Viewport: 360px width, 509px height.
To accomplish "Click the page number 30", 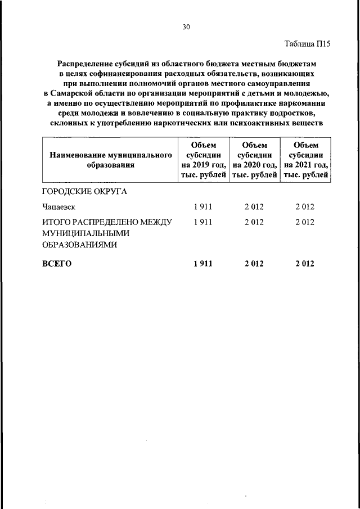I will pyautogui.click(x=186, y=26).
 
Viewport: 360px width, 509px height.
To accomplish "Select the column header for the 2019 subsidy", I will pyautogui.click(x=202, y=160).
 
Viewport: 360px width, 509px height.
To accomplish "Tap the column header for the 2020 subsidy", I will pyautogui.click(x=254, y=160).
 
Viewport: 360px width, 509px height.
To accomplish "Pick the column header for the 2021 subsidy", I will pyautogui.click(x=306, y=160).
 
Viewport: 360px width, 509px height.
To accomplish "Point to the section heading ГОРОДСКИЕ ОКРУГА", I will pyautogui.click(x=84, y=191).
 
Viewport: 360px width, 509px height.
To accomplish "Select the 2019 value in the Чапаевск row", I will pyautogui.click(x=202, y=207).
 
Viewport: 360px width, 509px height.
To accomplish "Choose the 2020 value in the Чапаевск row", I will pyautogui.click(x=254, y=207).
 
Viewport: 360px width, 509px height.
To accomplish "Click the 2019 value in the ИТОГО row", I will pyautogui.click(x=202, y=223).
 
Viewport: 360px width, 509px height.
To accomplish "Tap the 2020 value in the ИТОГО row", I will pyautogui.click(x=254, y=223).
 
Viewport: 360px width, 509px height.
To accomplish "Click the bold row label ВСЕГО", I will pyautogui.click(x=57, y=263).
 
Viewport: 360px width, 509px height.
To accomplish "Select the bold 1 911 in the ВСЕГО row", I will pyautogui.click(x=202, y=263).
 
